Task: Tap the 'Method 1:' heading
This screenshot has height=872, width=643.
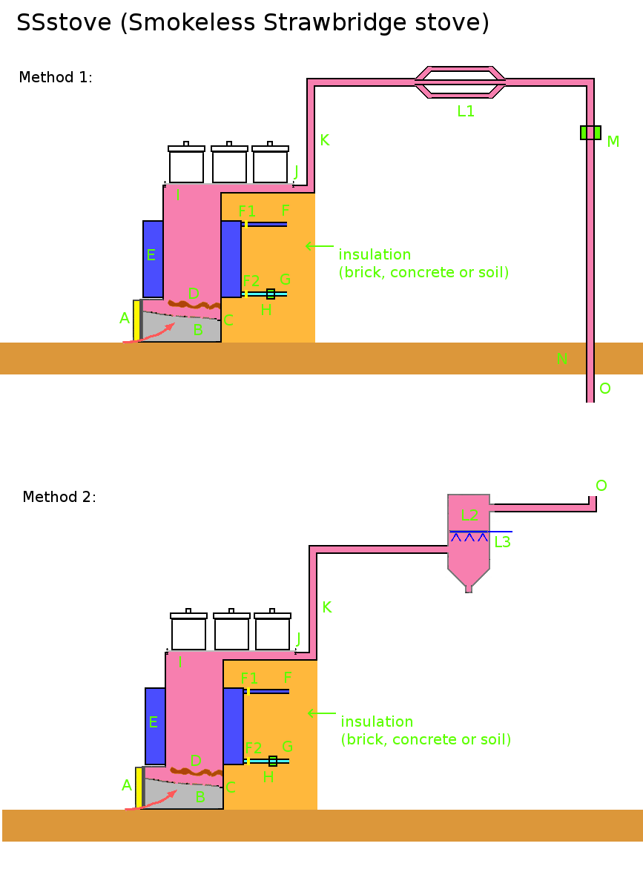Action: click(x=56, y=77)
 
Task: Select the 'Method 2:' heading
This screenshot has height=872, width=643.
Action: click(x=59, y=497)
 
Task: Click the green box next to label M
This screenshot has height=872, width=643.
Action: click(x=590, y=133)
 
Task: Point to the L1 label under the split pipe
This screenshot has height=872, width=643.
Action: click(x=466, y=112)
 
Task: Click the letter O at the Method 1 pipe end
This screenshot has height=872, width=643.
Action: click(x=604, y=389)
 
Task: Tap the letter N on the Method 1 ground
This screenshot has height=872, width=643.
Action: click(x=561, y=359)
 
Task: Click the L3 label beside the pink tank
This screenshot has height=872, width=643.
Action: click(x=502, y=542)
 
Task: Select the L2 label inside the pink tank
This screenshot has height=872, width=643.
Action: click(x=469, y=515)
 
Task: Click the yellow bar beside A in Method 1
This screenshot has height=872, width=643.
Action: click(x=136, y=320)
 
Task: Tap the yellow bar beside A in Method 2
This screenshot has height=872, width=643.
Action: click(x=139, y=787)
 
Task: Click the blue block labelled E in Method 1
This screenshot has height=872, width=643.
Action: click(x=153, y=258)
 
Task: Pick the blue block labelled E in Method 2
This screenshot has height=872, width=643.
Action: click(x=155, y=725)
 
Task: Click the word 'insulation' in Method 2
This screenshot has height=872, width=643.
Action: click(x=377, y=721)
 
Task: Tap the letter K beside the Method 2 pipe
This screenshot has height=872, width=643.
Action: click(x=326, y=607)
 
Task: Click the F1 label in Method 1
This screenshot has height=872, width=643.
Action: click(x=247, y=211)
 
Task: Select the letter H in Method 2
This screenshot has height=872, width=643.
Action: click(x=268, y=776)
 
